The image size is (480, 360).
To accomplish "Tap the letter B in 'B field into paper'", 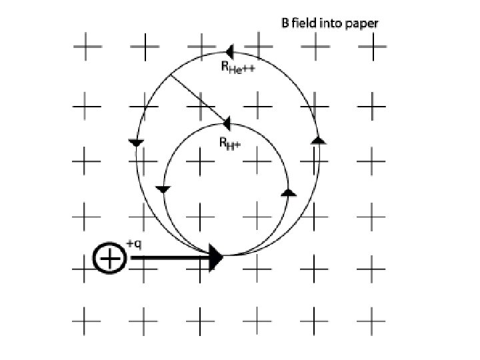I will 284,23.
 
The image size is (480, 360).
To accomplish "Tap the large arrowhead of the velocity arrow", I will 215,257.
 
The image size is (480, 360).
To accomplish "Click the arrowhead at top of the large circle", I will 229,51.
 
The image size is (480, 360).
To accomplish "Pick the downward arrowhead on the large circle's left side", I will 136,143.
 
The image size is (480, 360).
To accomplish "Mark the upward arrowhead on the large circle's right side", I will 319,140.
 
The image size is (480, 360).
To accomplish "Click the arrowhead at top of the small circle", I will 227,123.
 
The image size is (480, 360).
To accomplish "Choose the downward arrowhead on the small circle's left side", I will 163,190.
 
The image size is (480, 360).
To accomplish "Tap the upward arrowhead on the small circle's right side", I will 288,192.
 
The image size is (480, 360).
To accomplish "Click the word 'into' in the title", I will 331,23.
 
